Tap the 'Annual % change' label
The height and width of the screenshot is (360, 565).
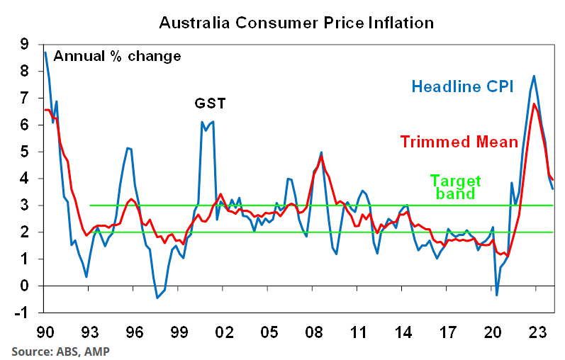(117, 55)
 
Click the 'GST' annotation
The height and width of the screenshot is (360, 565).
(210, 103)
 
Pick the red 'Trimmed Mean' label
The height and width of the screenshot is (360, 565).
(459, 142)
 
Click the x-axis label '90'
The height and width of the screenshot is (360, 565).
(45, 331)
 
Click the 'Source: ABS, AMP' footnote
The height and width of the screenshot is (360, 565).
(61, 350)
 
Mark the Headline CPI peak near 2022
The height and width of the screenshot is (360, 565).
(533, 76)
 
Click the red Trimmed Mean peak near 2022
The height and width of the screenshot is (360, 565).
(534, 104)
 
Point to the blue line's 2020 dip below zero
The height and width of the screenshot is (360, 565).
(497, 295)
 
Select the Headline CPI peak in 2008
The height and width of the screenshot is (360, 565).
(322, 152)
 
